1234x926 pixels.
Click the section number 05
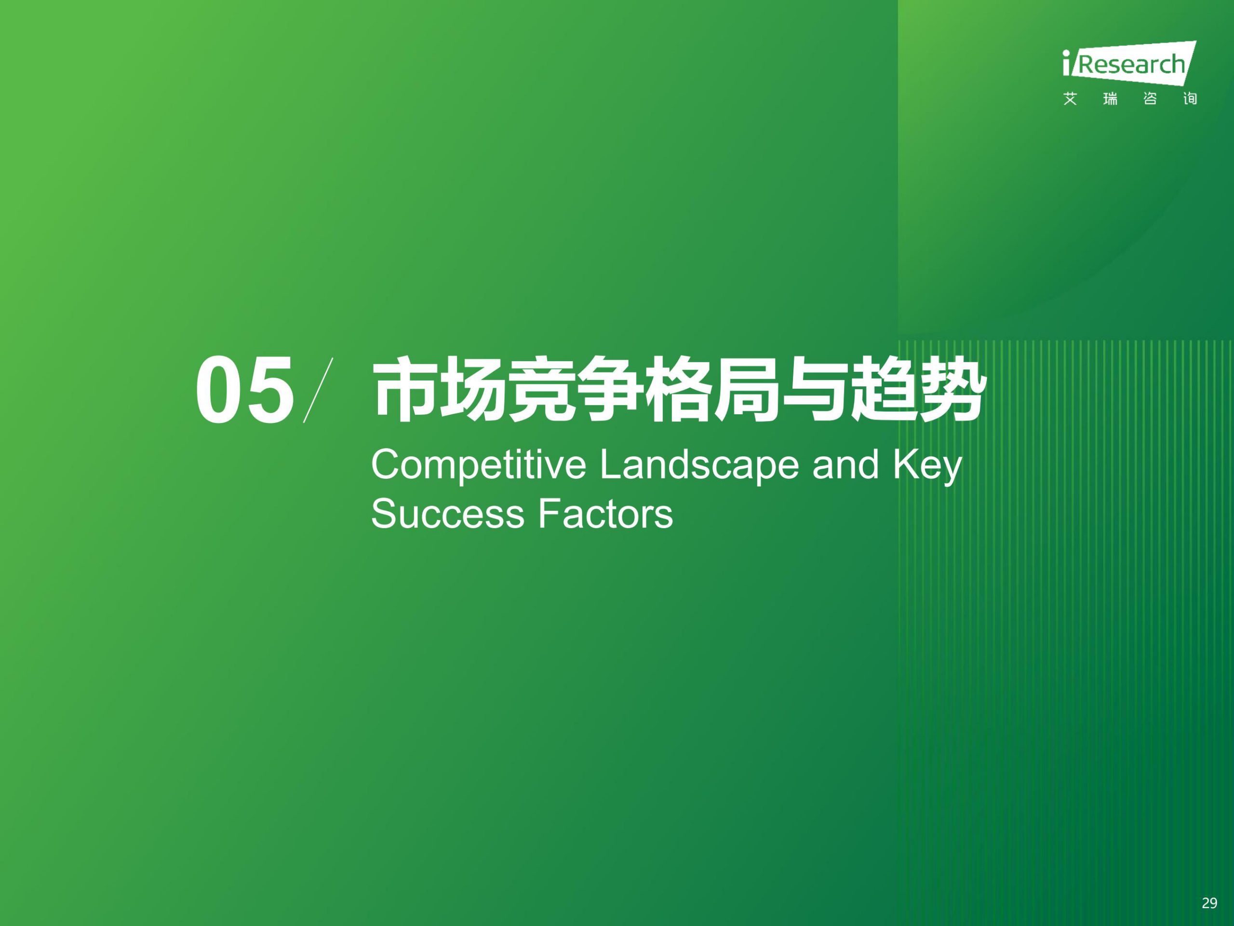point(244,390)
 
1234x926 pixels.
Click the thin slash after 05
point(318,390)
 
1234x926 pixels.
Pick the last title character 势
point(951,389)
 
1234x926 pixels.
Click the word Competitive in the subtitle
point(479,465)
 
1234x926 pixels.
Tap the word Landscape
point(699,465)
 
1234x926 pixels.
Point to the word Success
point(447,514)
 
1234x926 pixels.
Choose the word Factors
point(605,514)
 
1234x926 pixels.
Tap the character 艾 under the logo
point(1070,99)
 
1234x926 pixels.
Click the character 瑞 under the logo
point(1110,99)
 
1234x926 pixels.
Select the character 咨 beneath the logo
point(1150,99)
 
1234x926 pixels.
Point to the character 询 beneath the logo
point(1190,99)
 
